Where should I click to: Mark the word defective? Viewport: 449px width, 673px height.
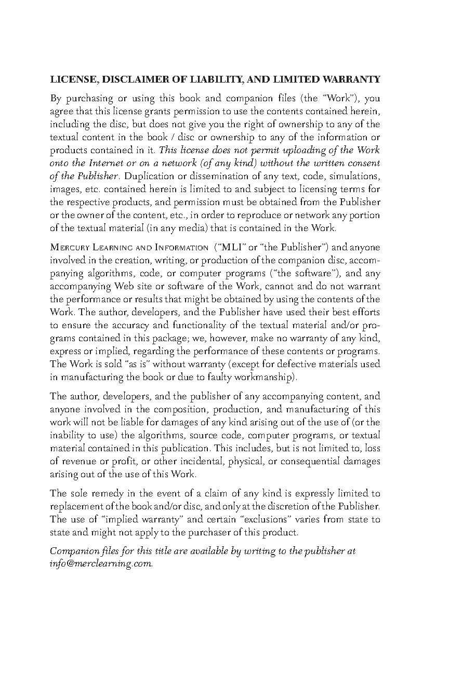click(x=307, y=364)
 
